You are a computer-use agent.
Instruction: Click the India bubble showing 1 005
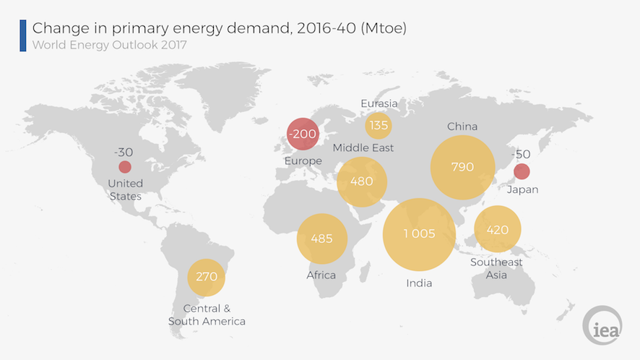coord(419,233)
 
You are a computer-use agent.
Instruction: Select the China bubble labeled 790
coord(462,167)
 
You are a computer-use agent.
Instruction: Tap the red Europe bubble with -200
coord(302,134)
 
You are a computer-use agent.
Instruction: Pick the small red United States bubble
coord(125,167)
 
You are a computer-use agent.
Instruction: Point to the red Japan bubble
coord(522,172)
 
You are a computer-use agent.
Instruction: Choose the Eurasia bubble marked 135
coord(379,126)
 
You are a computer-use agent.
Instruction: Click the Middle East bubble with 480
coord(362,181)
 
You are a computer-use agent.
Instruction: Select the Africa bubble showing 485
coord(322,238)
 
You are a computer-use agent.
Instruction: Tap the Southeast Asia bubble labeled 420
coord(497,230)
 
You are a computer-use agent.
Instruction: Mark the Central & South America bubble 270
coord(207,277)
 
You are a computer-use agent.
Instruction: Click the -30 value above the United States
coord(124,152)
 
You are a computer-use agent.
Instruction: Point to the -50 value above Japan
coord(521,155)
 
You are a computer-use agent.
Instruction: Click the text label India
coord(419,283)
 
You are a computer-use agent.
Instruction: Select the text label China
coord(462,127)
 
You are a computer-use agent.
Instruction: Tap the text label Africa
coord(321,275)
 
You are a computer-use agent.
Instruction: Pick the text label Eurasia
coord(379,103)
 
